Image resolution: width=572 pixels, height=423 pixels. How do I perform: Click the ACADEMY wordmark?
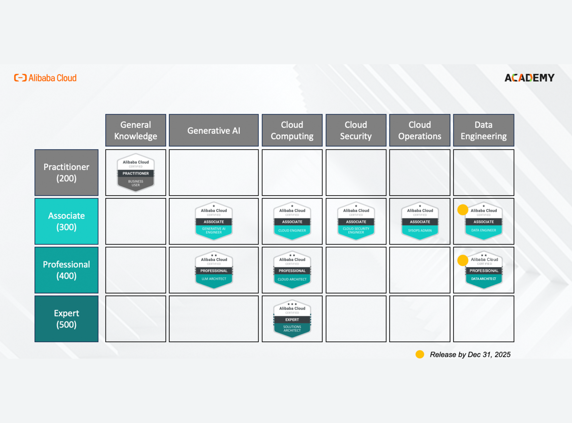[529, 78]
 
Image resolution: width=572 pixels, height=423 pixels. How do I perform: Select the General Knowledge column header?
[135, 130]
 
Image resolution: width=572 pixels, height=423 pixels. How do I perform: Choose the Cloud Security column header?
[356, 130]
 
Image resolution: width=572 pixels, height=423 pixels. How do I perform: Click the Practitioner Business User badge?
[135, 173]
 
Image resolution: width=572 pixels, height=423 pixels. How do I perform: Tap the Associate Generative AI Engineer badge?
[214, 221]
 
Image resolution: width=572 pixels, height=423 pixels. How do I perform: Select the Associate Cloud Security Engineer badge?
[356, 221]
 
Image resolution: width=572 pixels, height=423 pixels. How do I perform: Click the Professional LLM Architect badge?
[214, 270]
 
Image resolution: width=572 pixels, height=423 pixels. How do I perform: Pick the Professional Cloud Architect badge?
[292, 270]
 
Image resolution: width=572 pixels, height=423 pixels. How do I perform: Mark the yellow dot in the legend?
[420, 354]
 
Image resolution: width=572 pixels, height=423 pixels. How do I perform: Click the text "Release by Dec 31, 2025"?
[470, 354]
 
